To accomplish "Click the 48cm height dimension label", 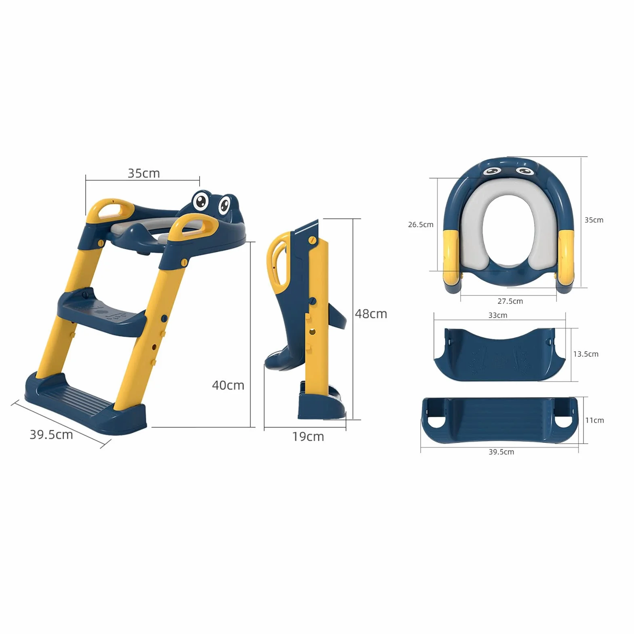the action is pos(371,314).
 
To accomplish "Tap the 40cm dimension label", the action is pos(228,385).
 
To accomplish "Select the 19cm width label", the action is pos(308,437).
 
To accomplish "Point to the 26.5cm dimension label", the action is pos(421,225).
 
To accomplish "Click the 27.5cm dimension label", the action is pos(510,301).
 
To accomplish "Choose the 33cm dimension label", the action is pos(498,316).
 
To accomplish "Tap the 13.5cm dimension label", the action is pos(586,354).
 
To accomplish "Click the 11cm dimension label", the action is pos(595,421).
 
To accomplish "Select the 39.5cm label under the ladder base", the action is pos(51,435).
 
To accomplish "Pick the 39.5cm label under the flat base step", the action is pos(501,452).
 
